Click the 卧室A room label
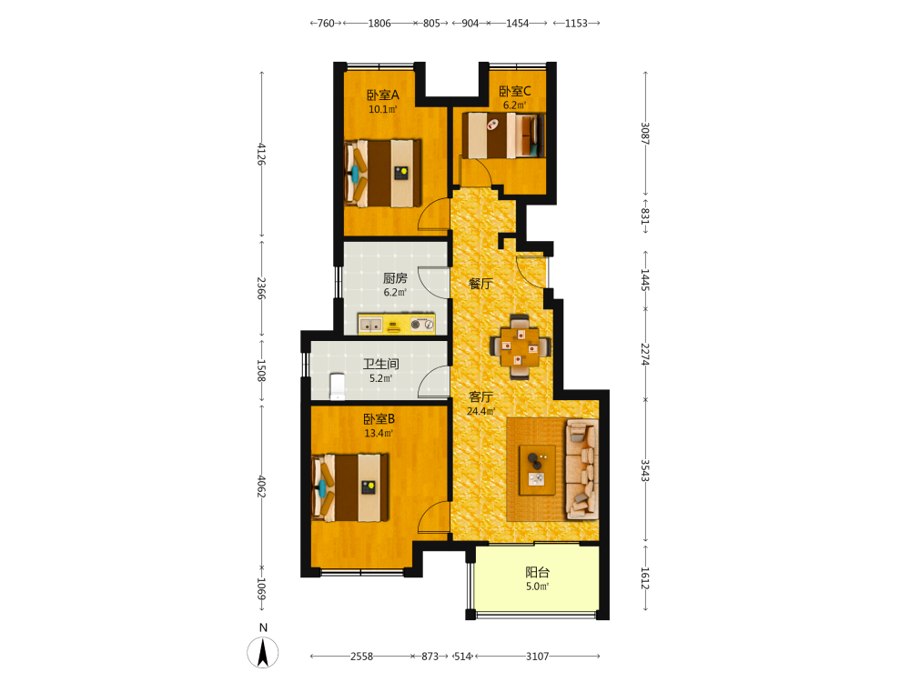coord(382,95)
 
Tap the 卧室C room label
coord(515,91)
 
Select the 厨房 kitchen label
coord(395,278)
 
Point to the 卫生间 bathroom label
coord(380,365)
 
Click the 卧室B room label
coord(379,418)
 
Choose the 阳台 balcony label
coord(538,572)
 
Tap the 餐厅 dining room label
coord(480,284)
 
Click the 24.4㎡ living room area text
coord(481,411)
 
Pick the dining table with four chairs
coord(520,346)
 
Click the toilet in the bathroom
coord(338,386)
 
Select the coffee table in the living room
coord(538,470)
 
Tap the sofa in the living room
coord(582,469)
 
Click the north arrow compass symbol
coord(263,652)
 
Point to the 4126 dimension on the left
coord(261,154)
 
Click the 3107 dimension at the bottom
coord(538,656)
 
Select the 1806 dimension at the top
coord(379,24)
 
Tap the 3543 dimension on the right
coord(645,470)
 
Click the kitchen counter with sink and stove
coord(397,324)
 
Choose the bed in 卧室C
coord(504,135)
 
